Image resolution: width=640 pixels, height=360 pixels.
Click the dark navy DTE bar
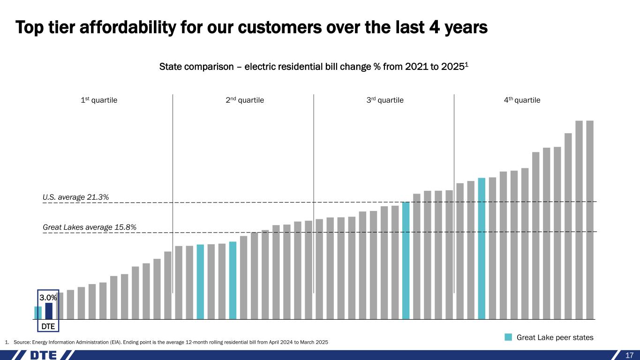pyautogui.click(x=49, y=311)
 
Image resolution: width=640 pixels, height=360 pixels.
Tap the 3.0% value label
pyautogui.click(x=48, y=298)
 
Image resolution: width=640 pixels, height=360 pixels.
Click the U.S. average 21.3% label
pyautogui.click(x=76, y=197)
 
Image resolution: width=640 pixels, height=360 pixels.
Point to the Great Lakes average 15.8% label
pyautogui.click(x=90, y=227)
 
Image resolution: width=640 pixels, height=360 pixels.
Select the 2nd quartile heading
pyautogui.click(x=243, y=100)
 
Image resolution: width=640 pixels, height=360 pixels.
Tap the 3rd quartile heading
pyautogui.click(x=384, y=100)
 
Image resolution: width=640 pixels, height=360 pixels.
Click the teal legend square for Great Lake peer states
pyautogui.click(x=508, y=337)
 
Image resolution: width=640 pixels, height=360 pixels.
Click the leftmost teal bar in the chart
pyautogui.click(x=38, y=313)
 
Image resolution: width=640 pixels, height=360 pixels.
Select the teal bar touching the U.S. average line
pyautogui.click(x=406, y=260)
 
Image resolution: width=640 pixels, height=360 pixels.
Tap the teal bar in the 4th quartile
pyautogui.click(x=482, y=248)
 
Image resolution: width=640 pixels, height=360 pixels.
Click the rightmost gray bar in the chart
pyautogui.click(x=590, y=220)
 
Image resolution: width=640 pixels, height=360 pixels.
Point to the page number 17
pyautogui.click(x=630, y=355)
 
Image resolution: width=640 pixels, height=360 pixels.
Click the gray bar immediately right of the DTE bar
pyautogui.click(x=60, y=306)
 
